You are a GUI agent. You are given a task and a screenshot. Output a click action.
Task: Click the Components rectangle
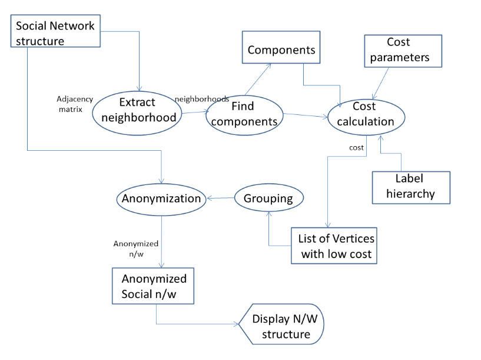(281, 50)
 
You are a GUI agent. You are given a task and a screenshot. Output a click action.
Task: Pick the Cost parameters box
(403, 50)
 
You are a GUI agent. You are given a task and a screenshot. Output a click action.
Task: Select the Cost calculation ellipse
(365, 114)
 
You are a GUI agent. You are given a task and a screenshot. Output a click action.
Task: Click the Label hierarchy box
(410, 186)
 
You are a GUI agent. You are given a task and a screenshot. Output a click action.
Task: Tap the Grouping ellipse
(269, 198)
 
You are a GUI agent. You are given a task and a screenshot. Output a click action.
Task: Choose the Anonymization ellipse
(161, 198)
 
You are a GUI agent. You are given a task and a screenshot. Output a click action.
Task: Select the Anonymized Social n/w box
(154, 286)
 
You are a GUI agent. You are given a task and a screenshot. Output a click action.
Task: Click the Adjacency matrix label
(71, 104)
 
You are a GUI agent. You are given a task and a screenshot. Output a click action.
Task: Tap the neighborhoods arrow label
(202, 99)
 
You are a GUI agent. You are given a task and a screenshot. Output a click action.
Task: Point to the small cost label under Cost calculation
(356, 147)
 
